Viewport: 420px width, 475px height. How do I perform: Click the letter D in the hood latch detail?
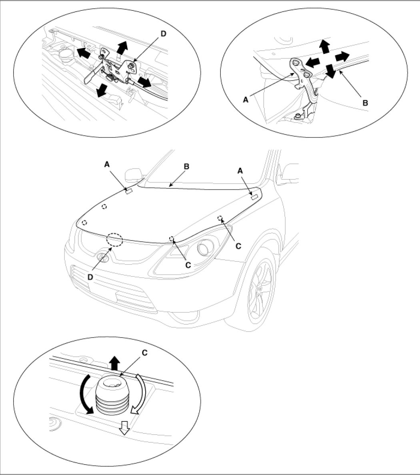coord(163,34)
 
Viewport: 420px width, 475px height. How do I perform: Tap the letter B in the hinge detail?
coord(365,102)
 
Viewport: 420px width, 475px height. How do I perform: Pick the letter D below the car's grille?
coord(90,276)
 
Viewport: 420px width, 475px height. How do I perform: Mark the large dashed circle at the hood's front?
coord(114,240)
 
